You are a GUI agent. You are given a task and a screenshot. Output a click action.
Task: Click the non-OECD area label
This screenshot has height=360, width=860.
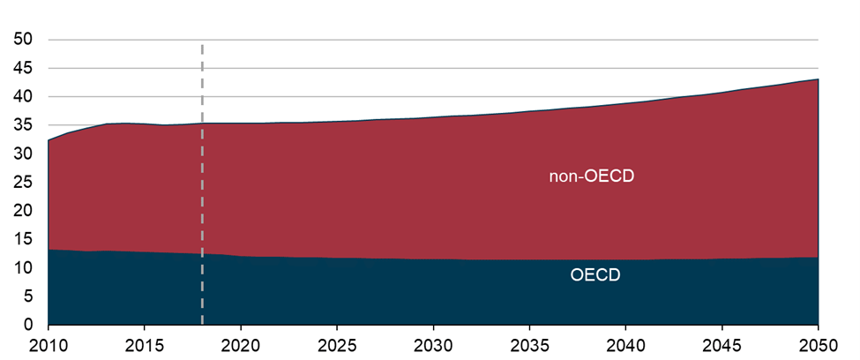click(592, 176)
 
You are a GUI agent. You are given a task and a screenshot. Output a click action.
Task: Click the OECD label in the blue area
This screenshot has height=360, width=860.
click(595, 275)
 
